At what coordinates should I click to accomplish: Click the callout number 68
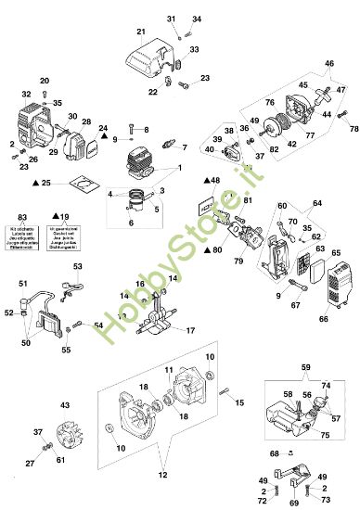coord(274,453)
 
